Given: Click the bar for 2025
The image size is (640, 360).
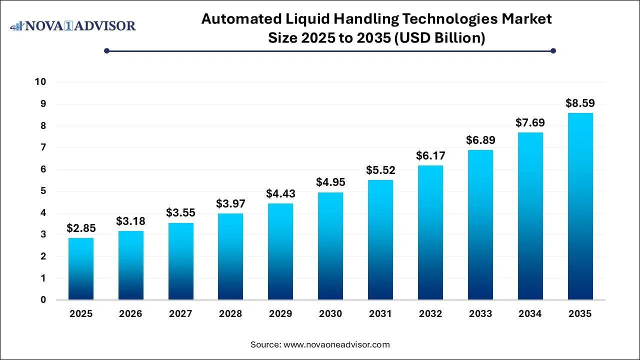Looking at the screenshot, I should point(81,268).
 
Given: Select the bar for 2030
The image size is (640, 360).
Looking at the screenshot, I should point(330,246).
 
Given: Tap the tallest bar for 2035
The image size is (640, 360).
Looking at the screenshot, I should point(580,206).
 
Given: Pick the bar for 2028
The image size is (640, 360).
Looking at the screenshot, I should point(230,256).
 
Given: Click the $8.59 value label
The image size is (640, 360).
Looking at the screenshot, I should point(580,103).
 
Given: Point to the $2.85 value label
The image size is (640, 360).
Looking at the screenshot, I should point(81,228).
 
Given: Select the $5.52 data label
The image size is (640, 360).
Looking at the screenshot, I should point(380,170).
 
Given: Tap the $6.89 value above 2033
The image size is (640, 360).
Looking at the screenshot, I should point(480,140).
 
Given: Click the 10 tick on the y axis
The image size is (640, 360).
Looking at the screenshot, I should point(40,82).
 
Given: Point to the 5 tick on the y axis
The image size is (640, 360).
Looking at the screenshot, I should point(43,191).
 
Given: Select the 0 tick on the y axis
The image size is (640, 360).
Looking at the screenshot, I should point(43,300).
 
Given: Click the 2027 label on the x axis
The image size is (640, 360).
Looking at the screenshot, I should point(180,314).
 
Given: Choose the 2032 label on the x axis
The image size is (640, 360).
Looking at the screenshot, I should point(430,314).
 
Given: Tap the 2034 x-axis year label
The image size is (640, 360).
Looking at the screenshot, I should point(530,314).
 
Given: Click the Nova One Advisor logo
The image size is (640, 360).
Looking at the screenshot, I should point(73,25).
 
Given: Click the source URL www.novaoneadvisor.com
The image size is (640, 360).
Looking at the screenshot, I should point(336,344).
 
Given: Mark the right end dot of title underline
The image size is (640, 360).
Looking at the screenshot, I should point(553,50).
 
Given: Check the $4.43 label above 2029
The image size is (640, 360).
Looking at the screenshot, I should point(280,193).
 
